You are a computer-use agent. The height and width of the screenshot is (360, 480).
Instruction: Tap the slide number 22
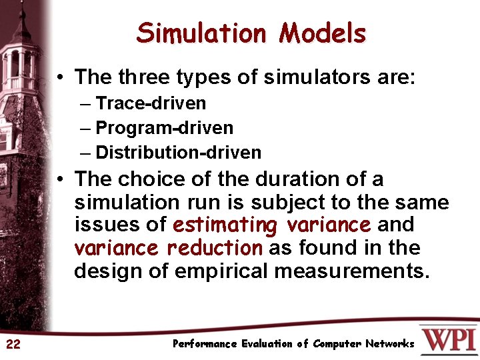[13, 344]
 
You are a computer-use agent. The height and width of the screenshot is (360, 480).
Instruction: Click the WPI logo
[449, 339]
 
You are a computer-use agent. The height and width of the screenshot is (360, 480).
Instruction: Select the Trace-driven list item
[151, 103]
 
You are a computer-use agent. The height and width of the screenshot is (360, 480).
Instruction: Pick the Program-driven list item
[165, 127]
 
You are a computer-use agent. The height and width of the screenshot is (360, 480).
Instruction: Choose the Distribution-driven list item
[179, 152]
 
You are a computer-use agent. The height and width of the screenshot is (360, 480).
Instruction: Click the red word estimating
[223, 225]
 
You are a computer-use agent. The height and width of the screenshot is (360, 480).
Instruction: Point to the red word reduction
[215, 248]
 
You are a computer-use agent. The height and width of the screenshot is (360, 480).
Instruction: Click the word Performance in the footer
[205, 344]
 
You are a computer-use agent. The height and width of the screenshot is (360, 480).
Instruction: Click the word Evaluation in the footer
[267, 344]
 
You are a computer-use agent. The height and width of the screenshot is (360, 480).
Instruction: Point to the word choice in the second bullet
[146, 179]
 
